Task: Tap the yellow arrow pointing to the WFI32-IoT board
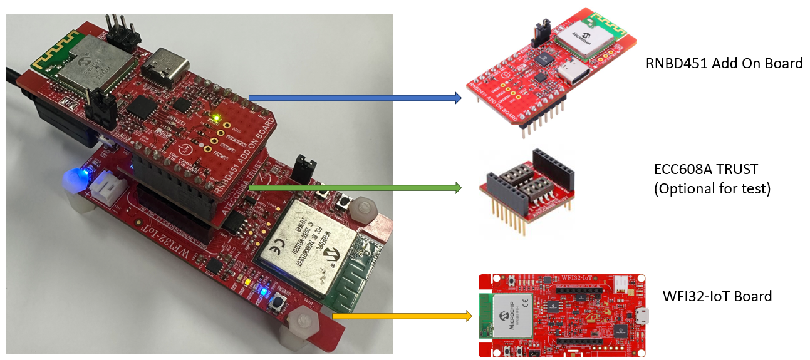pyautogui.click(x=401, y=316)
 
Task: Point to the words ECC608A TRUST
pyautogui.click(x=705, y=168)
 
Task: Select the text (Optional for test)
pyautogui.click(x=712, y=188)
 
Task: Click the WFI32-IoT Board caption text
pyautogui.click(x=717, y=296)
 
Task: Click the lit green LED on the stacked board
pyautogui.click(x=216, y=117)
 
